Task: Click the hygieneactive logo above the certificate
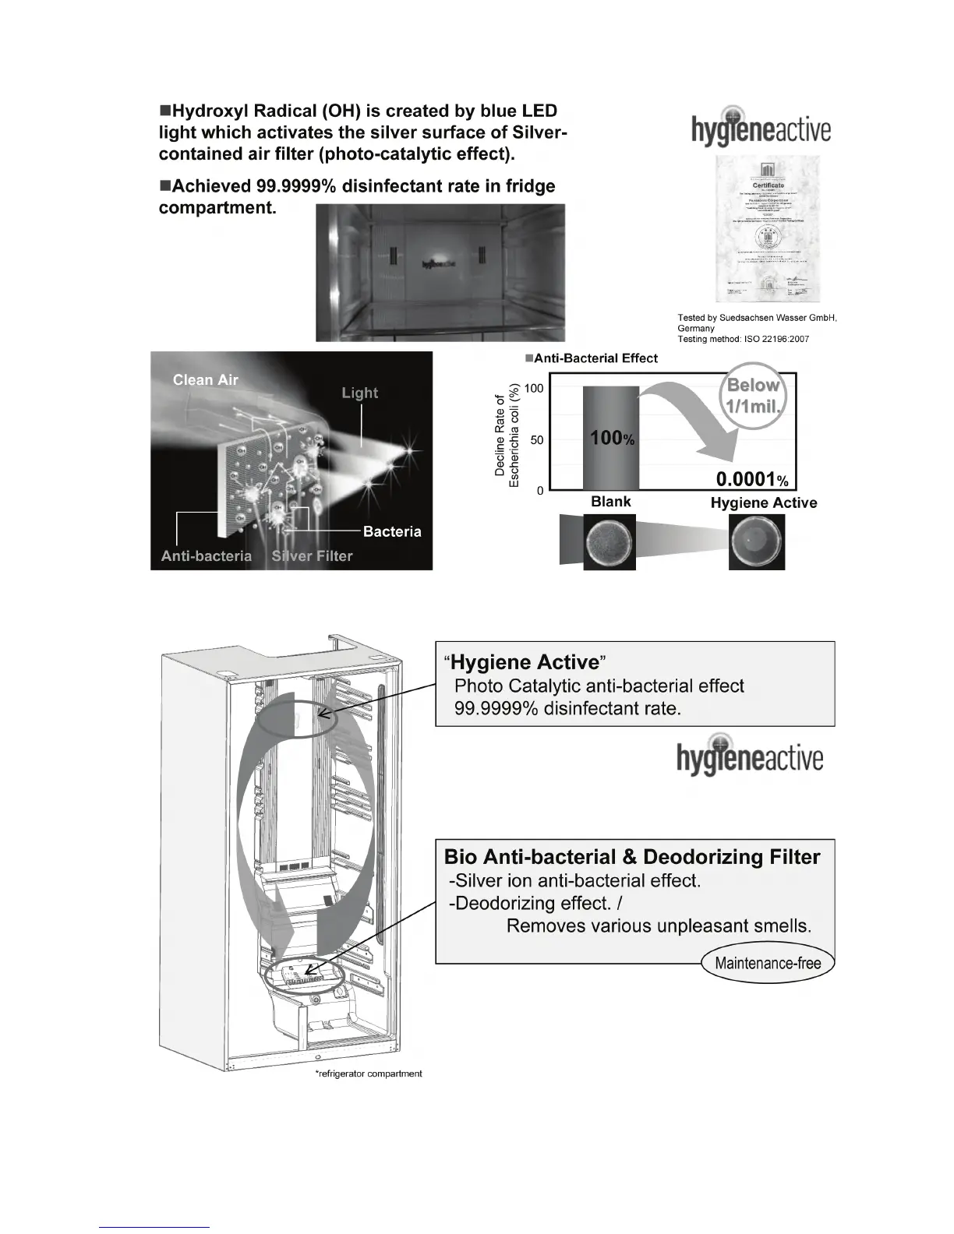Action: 761,128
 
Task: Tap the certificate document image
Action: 768,229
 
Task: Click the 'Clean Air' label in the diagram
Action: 205,380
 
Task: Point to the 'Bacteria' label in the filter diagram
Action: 392,532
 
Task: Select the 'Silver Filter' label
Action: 312,556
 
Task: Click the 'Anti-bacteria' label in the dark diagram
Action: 207,556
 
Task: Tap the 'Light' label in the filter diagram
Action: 359,393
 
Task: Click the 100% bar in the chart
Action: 610,438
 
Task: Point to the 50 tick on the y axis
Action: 537,440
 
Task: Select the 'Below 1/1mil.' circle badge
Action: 753,396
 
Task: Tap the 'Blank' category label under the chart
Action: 610,502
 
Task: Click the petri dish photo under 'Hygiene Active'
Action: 756,542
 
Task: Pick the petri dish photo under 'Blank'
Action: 609,541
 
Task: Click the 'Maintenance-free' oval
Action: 768,963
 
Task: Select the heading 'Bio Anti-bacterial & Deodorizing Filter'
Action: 632,857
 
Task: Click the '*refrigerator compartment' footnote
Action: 369,1074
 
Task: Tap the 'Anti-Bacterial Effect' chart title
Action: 592,358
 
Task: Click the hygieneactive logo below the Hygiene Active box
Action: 750,756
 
